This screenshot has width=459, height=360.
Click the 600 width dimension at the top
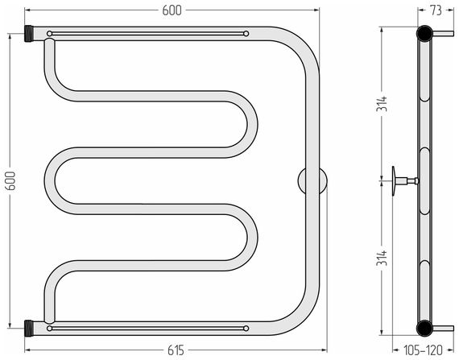click(x=172, y=10)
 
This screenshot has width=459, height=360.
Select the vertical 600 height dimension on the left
click(x=10, y=180)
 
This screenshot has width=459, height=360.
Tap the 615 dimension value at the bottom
click(x=176, y=350)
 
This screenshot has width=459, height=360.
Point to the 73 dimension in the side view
click(x=436, y=10)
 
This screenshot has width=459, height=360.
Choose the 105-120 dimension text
click(x=423, y=350)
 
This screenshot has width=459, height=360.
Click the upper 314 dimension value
click(x=382, y=104)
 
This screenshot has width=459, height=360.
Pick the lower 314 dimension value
click(x=382, y=258)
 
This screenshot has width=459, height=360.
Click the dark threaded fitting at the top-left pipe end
click(x=29, y=34)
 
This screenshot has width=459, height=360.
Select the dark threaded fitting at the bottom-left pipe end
click(x=29, y=329)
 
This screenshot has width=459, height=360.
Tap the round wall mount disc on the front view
click(x=312, y=180)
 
